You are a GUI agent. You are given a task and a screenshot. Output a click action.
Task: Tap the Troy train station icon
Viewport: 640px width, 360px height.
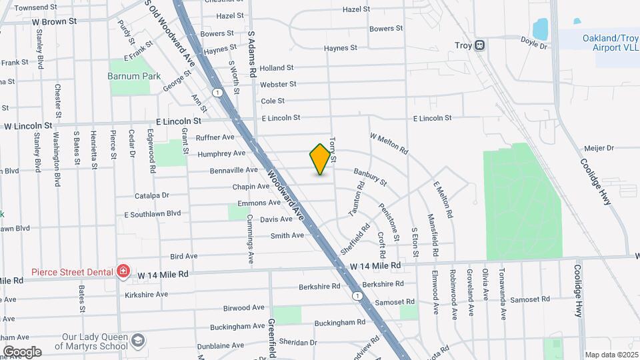pos(480,45)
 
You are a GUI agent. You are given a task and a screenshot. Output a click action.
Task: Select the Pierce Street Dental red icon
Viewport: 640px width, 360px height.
pos(123,271)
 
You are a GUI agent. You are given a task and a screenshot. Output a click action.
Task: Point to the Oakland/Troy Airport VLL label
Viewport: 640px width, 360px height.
pos(598,43)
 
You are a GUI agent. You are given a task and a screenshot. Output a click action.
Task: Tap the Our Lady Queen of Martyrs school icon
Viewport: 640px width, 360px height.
pos(137,341)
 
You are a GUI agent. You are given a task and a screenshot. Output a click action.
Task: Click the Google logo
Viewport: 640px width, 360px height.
pos(21,351)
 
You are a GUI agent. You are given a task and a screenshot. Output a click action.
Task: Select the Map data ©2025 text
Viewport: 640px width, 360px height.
pos(611,355)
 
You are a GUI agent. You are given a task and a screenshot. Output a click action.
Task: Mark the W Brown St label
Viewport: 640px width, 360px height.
pos(54,21)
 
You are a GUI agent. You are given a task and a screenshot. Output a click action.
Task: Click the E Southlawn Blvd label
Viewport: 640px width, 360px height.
pos(153,214)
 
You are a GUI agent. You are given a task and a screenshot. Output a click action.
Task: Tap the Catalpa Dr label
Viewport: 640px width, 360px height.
pos(152,196)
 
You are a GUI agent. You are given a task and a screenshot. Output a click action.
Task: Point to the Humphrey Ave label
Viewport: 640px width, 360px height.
pos(221,154)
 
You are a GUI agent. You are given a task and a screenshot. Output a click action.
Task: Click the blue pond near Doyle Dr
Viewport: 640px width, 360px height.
pos(540,29)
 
